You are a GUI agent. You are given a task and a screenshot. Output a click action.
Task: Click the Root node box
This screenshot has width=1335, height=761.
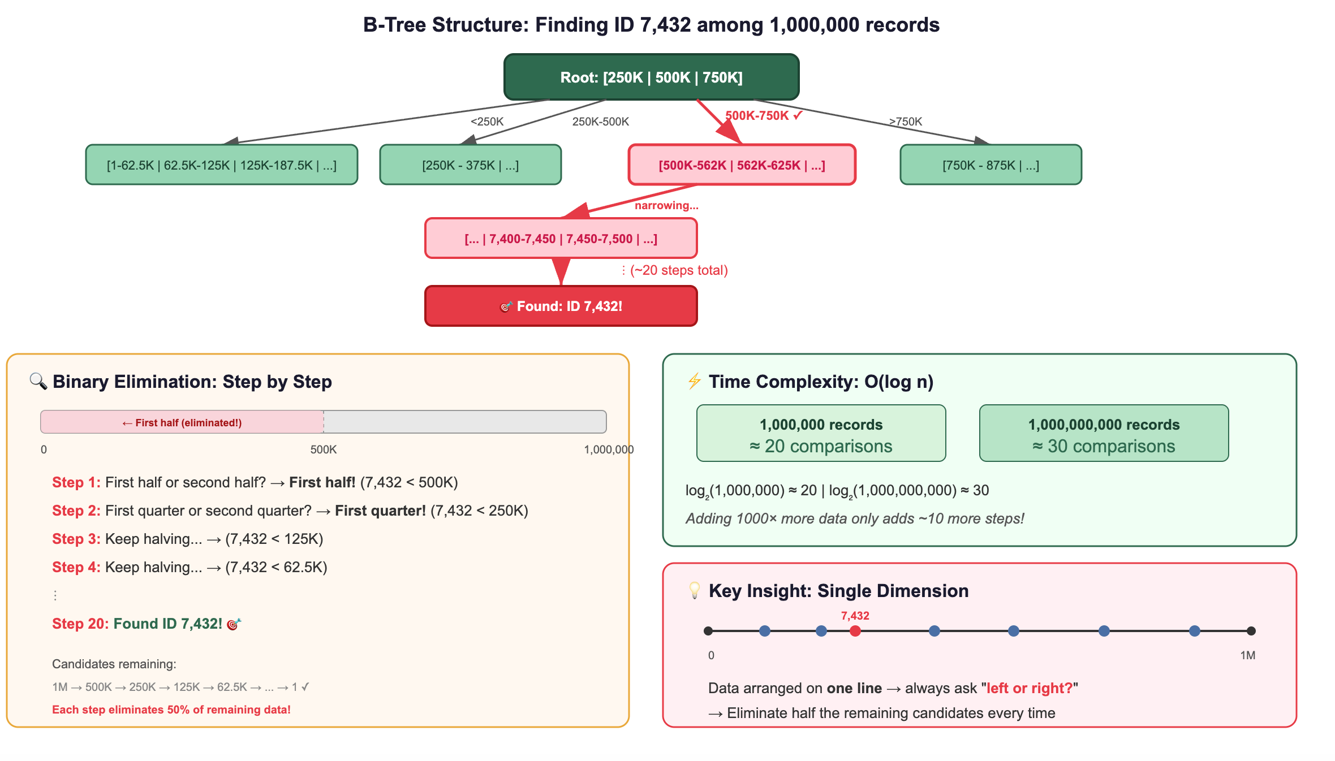click(651, 77)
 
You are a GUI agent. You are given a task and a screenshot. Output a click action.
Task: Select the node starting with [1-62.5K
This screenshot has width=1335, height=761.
click(222, 165)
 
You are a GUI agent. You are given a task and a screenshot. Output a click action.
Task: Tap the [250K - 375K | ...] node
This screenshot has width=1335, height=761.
click(471, 165)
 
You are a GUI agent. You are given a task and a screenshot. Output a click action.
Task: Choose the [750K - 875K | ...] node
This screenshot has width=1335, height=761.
click(991, 165)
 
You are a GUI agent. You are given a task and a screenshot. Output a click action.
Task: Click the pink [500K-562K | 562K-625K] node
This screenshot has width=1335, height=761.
click(742, 165)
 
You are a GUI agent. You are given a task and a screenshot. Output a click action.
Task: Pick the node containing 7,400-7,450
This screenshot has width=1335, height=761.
click(561, 238)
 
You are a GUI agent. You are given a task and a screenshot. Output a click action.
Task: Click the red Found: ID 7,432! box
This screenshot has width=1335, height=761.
click(561, 306)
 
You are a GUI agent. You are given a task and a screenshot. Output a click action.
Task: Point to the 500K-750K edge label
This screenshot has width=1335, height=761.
click(764, 115)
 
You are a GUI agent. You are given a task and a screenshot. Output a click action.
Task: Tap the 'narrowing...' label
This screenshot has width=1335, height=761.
click(666, 205)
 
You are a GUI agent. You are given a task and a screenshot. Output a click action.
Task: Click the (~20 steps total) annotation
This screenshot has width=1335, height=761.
click(679, 270)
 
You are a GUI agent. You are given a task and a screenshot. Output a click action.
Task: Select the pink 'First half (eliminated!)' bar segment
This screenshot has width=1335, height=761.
click(182, 422)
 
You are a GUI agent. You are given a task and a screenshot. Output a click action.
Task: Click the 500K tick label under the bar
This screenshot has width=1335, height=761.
click(324, 449)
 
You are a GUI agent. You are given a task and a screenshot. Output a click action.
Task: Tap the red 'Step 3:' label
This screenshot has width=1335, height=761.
click(76, 539)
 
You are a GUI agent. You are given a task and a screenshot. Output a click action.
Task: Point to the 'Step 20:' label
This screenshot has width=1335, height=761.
click(81, 624)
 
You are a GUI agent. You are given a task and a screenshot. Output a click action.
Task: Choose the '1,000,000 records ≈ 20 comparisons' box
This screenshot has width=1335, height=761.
click(821, 433)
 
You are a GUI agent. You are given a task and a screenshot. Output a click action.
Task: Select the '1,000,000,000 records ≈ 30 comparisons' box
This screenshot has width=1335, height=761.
click(1104, 433)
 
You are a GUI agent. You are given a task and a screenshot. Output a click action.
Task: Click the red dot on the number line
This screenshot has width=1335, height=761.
click(855, 631)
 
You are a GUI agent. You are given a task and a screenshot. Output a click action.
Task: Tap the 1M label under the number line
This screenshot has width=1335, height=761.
click(1248, 655)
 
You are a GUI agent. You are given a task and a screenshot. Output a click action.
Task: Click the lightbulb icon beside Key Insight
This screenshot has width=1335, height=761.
click(695, 590)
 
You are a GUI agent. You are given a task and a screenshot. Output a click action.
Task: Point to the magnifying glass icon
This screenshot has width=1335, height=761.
click(38, 381)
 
